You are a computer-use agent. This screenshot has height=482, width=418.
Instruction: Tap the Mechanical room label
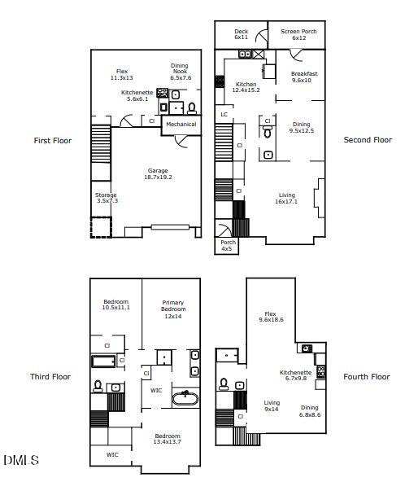(x=181, y=125)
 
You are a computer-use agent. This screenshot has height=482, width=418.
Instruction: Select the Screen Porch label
(x=298, y=34)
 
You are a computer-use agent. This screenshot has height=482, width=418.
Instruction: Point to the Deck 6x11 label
(x=241, y=34)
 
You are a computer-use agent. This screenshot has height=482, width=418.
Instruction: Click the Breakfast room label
(x=304, y=77)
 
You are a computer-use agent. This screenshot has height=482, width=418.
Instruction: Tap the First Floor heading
(x=52, y=141)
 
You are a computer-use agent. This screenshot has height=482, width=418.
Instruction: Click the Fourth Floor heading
(x=366, y=377)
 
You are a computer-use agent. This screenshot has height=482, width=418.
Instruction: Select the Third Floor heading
(x=50, y=377)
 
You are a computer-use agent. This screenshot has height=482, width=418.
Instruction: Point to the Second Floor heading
(x=368, y=140)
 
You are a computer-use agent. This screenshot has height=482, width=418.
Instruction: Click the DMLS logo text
(x=20, y=461)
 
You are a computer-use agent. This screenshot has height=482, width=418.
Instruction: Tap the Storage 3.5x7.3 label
(x=106, y=198)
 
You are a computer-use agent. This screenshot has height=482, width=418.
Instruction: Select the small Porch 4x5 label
(x=227, y=245)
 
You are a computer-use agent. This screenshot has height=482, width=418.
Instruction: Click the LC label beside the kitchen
(x=224, y=115)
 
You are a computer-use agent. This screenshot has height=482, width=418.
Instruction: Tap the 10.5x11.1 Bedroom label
(x=115, y=305)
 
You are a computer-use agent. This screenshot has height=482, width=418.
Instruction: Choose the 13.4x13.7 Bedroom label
(x=168, y=439)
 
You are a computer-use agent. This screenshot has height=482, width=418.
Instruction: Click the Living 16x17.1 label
(x=286, y=198)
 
